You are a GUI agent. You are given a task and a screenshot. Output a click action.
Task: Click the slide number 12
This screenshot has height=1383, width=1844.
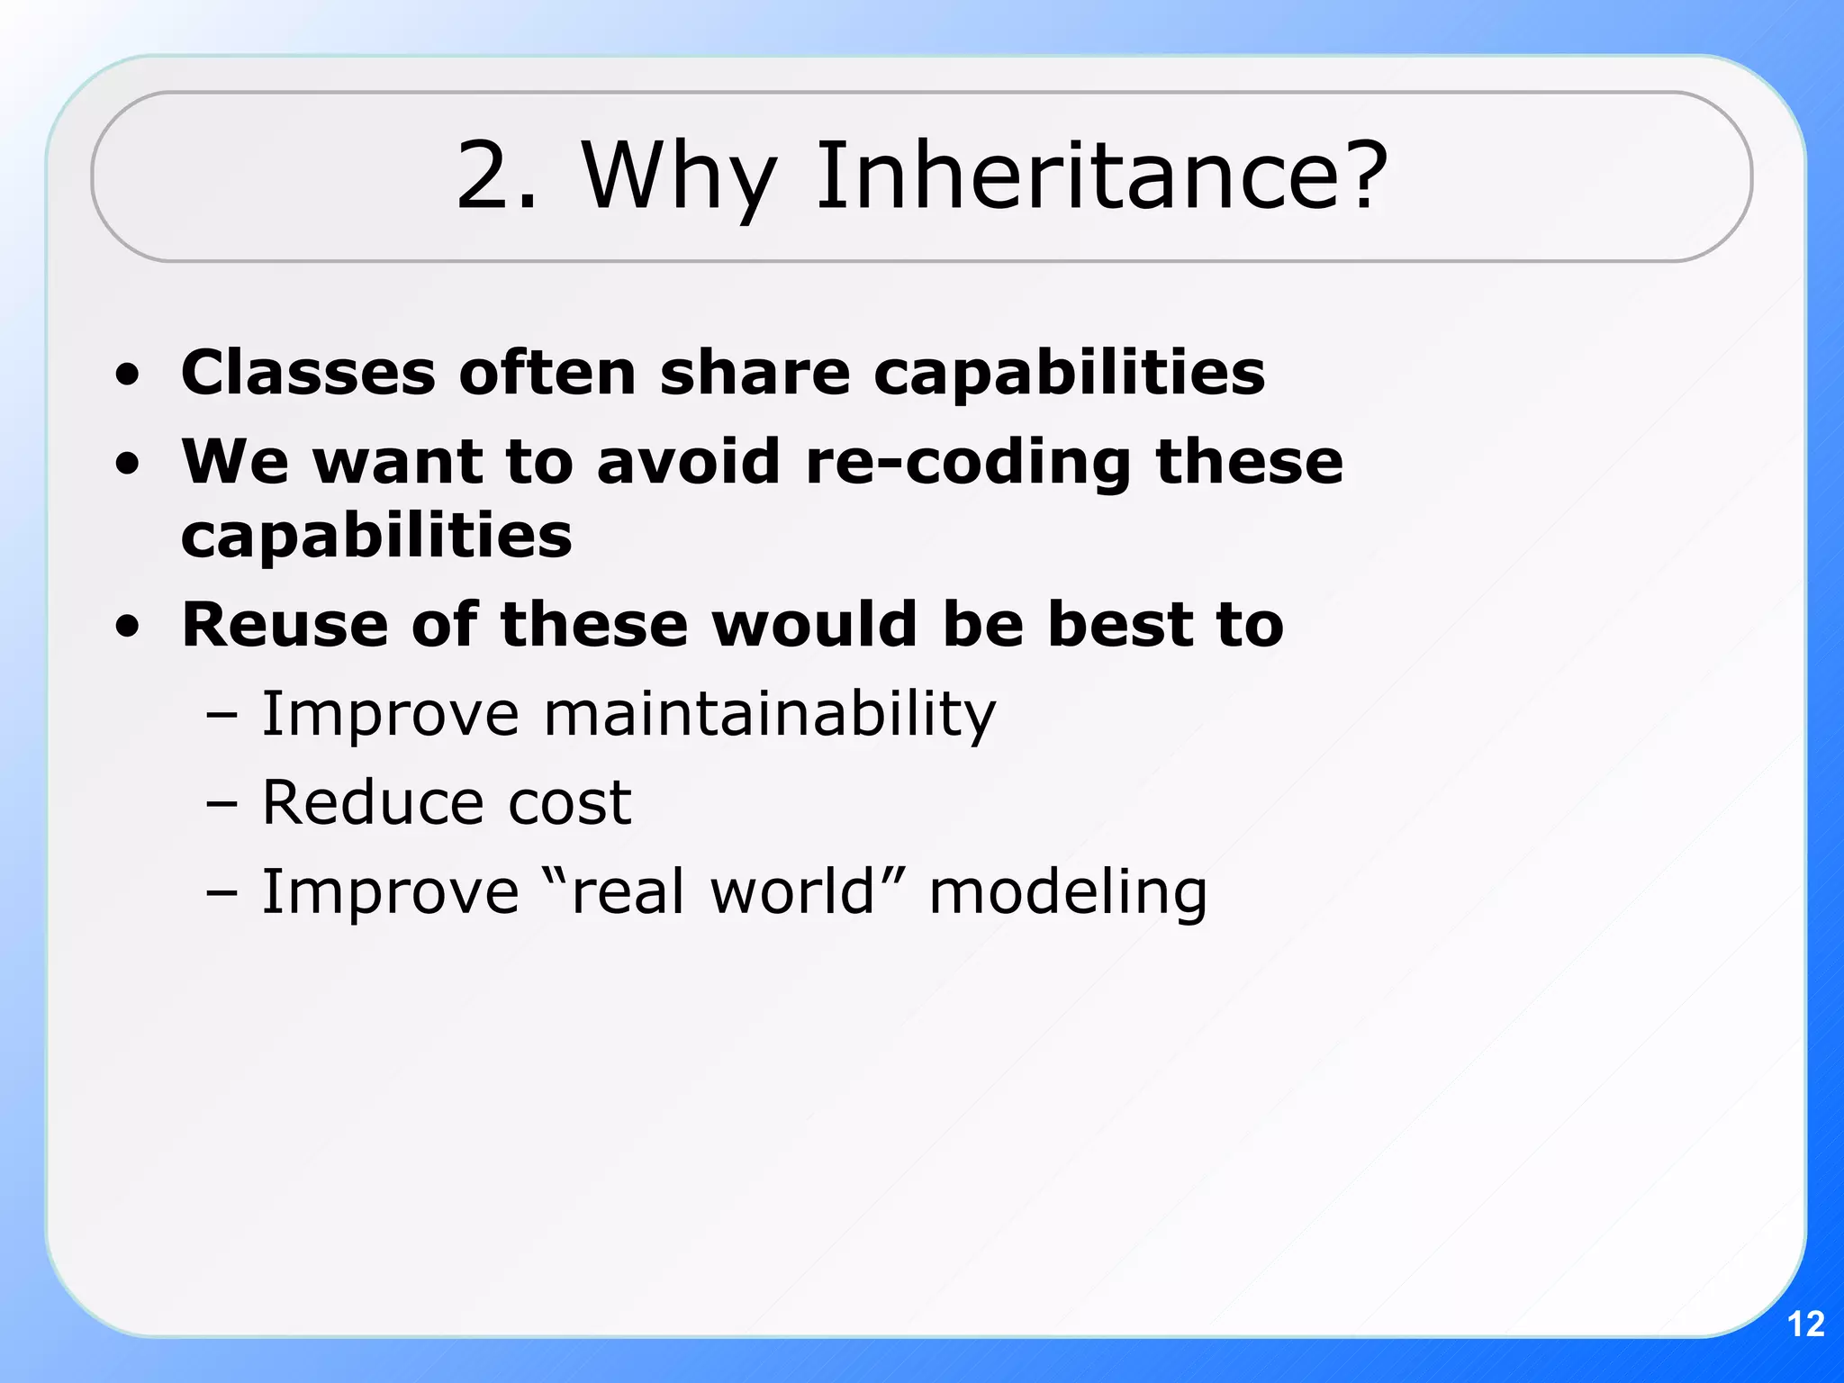click(x=1805, y=1324)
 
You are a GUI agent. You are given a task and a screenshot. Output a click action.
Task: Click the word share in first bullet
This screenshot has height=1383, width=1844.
click(x=755, y=372)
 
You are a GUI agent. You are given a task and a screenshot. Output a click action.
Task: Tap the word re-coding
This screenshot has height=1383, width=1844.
click(x=967, y=462)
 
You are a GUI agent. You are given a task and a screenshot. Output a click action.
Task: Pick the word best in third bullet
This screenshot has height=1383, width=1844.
click(x=1120, y=624)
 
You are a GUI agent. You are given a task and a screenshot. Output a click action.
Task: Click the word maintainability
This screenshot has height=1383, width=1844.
click(x=770, y=715)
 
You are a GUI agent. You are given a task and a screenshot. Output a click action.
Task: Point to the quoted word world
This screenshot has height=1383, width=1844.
click(x=792, y=891)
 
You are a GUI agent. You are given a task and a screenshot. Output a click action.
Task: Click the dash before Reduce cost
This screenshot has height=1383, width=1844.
click(x=221, y=804)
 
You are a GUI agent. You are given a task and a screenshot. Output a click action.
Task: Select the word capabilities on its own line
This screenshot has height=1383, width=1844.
click(x=376, y=537)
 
